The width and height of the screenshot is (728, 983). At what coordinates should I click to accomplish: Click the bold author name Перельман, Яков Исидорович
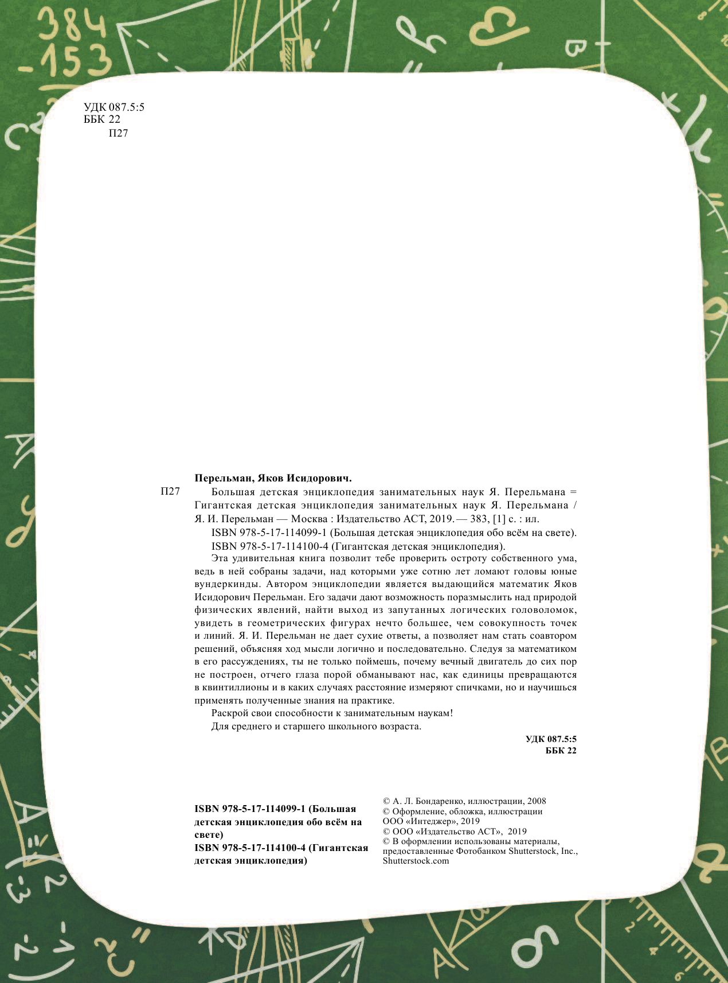(x=273, y=478)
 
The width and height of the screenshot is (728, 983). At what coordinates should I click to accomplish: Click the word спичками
(x=477, y=687)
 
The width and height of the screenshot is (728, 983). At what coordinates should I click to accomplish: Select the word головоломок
(x=544, y=610)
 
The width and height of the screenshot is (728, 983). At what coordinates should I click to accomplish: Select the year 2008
(x=537, y=801)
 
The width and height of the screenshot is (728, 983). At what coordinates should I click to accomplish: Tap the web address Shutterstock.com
(x=416, y=861)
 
